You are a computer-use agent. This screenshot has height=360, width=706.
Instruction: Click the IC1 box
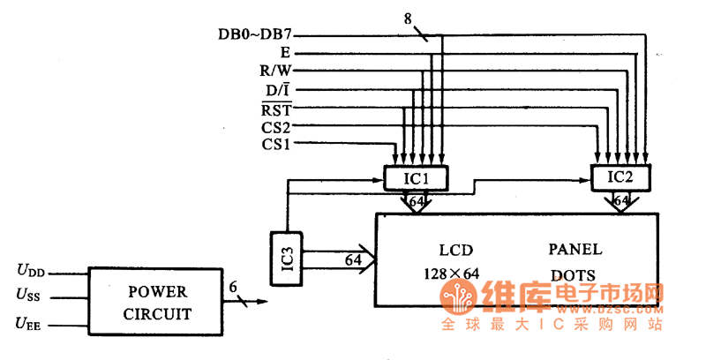(417, 178)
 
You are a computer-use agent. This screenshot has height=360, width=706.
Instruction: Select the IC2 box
(621, 177)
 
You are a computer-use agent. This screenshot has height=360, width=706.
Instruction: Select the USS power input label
(31, 296)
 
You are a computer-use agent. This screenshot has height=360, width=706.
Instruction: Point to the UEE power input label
(31, 324)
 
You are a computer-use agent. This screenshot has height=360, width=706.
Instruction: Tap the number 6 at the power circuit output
(232, 287)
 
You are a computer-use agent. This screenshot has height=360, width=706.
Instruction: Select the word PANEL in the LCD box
(575, 249)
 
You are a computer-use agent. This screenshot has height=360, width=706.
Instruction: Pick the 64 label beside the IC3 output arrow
(353, 261)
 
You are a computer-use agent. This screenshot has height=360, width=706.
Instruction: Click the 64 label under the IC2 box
(621, 202)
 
